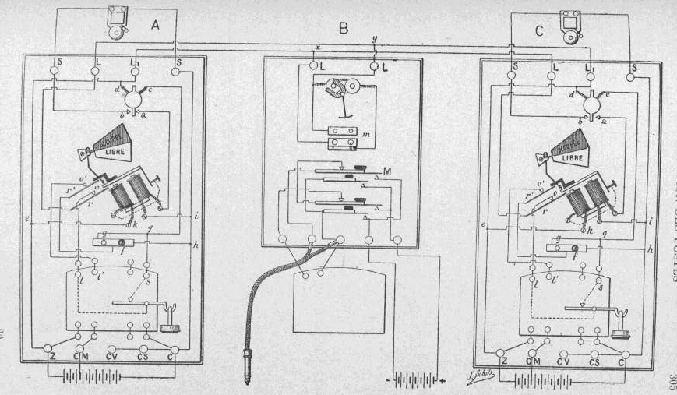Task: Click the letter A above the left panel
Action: (154, 25)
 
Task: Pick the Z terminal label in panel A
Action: (51, 358)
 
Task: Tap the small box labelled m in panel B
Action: (342, 137)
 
